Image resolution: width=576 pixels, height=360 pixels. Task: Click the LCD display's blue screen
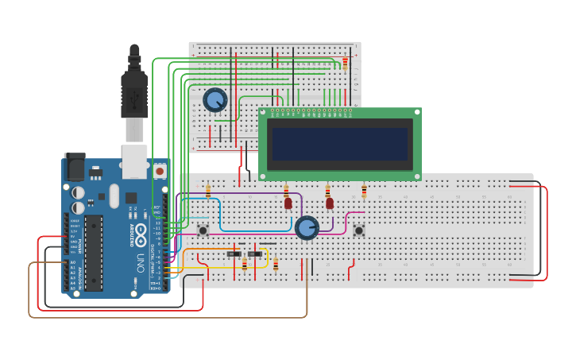[x=339, y=144]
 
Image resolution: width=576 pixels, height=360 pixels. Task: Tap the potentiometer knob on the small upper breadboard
[x=215, y=100]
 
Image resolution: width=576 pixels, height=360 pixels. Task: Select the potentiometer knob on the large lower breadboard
[x=307, y=228]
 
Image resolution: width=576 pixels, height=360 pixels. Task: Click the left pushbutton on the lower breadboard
[x=203, y=230]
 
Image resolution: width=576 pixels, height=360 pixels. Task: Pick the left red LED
[x=288, y=203]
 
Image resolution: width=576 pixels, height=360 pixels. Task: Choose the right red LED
[x=329, y=203]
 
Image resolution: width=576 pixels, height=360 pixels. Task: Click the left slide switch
[x=234, y=254]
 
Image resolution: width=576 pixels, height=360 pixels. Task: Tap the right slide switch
[x=255, y=254]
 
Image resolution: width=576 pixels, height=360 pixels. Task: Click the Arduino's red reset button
[x=160, y=171]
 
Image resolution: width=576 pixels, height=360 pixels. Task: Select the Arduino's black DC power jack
[x=74, y=166]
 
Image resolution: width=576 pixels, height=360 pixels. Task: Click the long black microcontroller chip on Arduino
[x=94, y=252]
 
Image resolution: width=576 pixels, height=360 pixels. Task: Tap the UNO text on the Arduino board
[x=141, y=259]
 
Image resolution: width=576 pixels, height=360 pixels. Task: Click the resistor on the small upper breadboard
[x=345, y=64]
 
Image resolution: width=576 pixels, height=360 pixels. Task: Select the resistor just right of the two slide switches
[x=276, y=265]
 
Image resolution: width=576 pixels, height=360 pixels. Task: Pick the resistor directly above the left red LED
[x=286, y=191]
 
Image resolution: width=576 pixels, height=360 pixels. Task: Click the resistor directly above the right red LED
[x=327, y=191]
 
